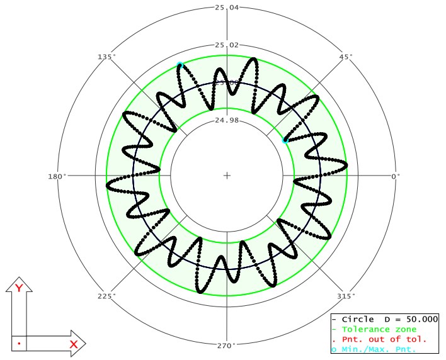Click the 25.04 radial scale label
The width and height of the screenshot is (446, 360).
227,8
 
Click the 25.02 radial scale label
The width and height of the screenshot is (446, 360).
227,45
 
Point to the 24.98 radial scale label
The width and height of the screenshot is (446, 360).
227,120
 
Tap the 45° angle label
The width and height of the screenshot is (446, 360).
346,57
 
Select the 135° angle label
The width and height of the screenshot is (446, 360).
106,57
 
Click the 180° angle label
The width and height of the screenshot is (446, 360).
57,176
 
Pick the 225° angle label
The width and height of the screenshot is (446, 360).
106,296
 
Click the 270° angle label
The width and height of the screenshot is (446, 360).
227,346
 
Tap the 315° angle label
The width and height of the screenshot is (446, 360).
346,296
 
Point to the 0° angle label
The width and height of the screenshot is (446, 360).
396,176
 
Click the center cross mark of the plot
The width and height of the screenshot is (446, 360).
227,176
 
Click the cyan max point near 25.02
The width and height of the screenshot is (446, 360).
180,64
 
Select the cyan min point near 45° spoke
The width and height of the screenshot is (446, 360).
285,140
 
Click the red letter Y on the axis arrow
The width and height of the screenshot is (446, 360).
19,288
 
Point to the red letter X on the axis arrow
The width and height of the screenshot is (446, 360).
73,344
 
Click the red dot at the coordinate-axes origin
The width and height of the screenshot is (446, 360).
20,344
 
